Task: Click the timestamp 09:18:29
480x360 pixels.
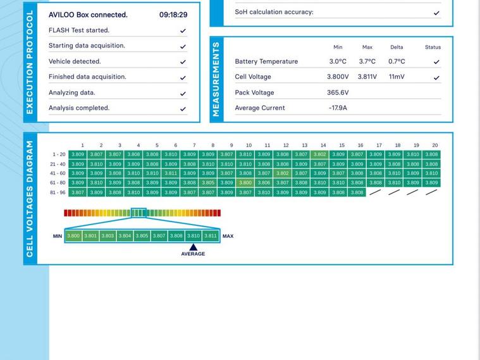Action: pyautogui.click(x=173, y=15)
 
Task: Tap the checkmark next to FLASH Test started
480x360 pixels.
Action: pyautogui.click(x=183, y=30)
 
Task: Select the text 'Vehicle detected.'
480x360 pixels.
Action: pyautogui.click(x=75, y=61)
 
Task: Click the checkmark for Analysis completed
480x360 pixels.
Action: pyautogui.click(x=183, y=109)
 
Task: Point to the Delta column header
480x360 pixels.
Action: pyautogui.click(x=397, y=47)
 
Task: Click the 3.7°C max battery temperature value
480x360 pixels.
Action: pyautogui.click(x=367, y=61)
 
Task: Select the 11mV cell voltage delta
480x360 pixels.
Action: pyautogui.click(x=397, y=77)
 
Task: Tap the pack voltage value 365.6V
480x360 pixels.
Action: pyautogui.click(x=338, y=92)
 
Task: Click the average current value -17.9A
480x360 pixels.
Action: pyautogui.click(x=338, y=108)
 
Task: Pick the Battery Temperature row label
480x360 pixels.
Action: pyautogui.click(x=266, y=61)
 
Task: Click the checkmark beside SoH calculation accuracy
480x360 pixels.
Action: pyautogui.click(x=436, y=13)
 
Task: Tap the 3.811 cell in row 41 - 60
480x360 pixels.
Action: pyautogui.click(x=171, y=173)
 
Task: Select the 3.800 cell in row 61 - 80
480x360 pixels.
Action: pyautogui.click(x=245, y=183)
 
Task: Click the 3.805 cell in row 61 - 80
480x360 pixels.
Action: pyautogui.click(x=208, y=183)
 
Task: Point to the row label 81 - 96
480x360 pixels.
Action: pyautogui.click(x=58, y=192)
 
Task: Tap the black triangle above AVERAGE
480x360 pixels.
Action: pyautogui.click(x=194, y=247)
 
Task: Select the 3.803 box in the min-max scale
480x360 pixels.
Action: pyautogui.click(x=108, y=236)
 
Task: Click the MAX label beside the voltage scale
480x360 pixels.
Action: pyautogui.click(x=228, y=236)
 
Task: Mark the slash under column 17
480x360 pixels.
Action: pyautogui.click(x=376, y=192)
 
